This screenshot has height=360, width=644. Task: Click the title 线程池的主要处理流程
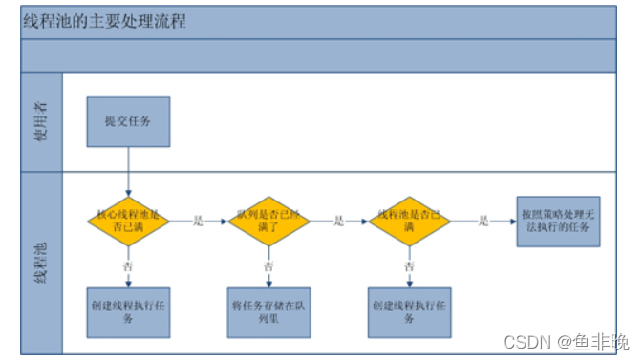tap(105, 22)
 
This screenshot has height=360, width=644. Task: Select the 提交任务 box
tap(128, 120)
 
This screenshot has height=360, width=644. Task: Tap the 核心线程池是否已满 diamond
tap(128, 222)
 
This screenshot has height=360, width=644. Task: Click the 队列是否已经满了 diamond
tap(268, 222)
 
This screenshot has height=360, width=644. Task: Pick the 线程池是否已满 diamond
tap(409, 222)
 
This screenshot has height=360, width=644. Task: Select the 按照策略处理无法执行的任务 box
tap(558, 221)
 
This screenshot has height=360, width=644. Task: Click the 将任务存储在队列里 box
tap(268, 312)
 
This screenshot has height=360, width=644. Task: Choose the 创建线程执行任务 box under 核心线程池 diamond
tap(128, 312)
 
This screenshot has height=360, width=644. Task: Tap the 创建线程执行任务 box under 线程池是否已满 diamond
tap(409, 312)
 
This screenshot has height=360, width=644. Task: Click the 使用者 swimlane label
tap(40, 121)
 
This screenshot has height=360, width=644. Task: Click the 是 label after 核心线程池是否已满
tap(199, 222)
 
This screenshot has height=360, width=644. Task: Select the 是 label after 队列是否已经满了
tap(339, 222)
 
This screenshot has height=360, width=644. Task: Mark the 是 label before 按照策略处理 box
tap(483, 222)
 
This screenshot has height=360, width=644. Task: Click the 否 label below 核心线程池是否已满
tap(128, 267)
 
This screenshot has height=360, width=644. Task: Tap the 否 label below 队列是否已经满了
tap(268, 267)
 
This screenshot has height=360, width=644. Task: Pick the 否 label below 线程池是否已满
tap(409, 267)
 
